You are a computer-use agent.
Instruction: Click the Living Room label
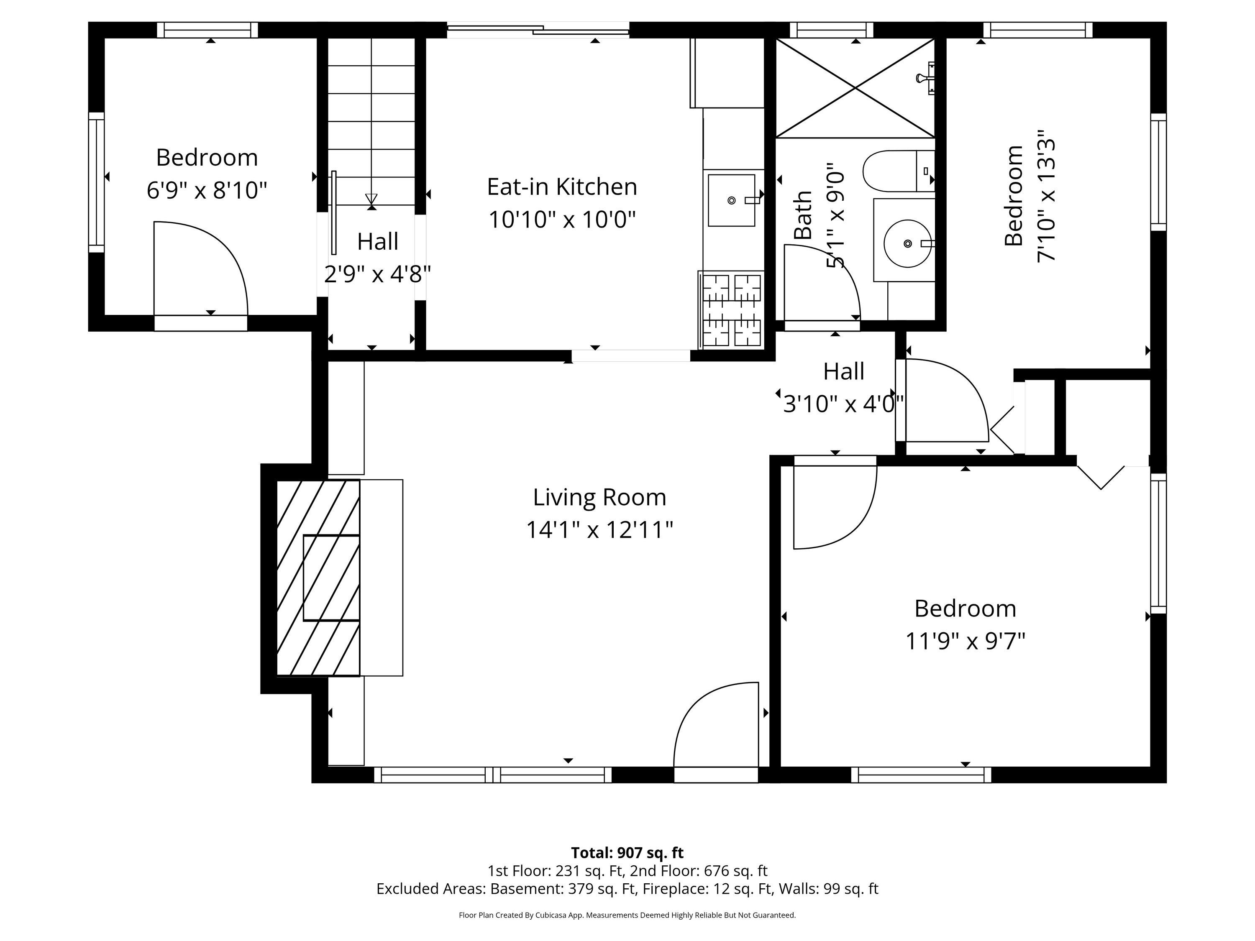coord(599,497)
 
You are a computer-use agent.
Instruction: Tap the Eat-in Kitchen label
coord(562,187)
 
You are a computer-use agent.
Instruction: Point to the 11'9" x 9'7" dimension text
coord(965,642)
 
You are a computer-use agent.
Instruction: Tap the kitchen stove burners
coord(732,310)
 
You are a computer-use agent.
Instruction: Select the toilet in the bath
coord(899,171)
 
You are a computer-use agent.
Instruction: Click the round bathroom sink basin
coord(908,243)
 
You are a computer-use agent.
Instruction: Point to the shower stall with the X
coord(855,88)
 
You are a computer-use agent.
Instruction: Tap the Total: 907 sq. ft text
coord(627,852)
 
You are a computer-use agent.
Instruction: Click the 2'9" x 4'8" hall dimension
coord(377,274)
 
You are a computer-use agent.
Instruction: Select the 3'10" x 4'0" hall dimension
coord(843,404)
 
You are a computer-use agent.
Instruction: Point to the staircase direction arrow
coord(371,199)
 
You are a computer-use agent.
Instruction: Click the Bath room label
coord(803,215)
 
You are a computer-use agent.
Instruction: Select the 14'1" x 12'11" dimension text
coord(599,530)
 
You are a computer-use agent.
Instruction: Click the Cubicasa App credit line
coord(627,915)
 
